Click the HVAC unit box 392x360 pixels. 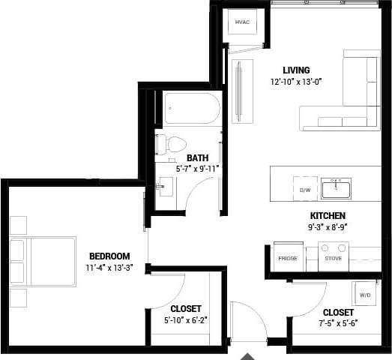[x=241, y=22]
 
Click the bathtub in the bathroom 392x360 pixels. [x=192, y=110]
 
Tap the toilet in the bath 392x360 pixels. [x=174, y=144]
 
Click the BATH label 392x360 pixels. [x=197, y=158]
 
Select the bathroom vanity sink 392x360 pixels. [x=164, y=188]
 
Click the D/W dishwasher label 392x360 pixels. [x=305, y=190]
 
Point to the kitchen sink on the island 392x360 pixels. [x=336, y=188]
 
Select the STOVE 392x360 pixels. [x=333, y=258]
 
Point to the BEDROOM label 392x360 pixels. [x=109, y=256]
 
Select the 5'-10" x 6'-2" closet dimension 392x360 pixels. [x=185, y=320]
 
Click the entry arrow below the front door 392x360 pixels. [x=248, y=355]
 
